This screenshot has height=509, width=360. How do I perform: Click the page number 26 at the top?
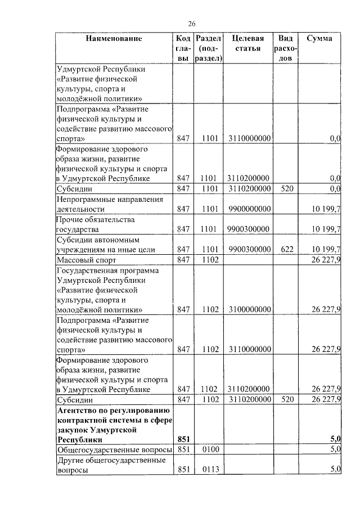(x=191, y=24)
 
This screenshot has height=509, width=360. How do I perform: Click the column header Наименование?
(x=114, y=39)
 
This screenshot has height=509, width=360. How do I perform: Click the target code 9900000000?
(x=250, y=209)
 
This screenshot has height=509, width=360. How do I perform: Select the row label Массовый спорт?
(x=86, y=260)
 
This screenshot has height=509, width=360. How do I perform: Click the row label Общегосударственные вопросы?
(x=113, y=449)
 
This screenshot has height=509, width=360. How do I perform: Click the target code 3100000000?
(x=250, y=309)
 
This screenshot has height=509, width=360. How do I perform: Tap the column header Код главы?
(x=182, y=48)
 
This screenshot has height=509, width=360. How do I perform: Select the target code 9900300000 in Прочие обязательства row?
(x=250, y=229)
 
